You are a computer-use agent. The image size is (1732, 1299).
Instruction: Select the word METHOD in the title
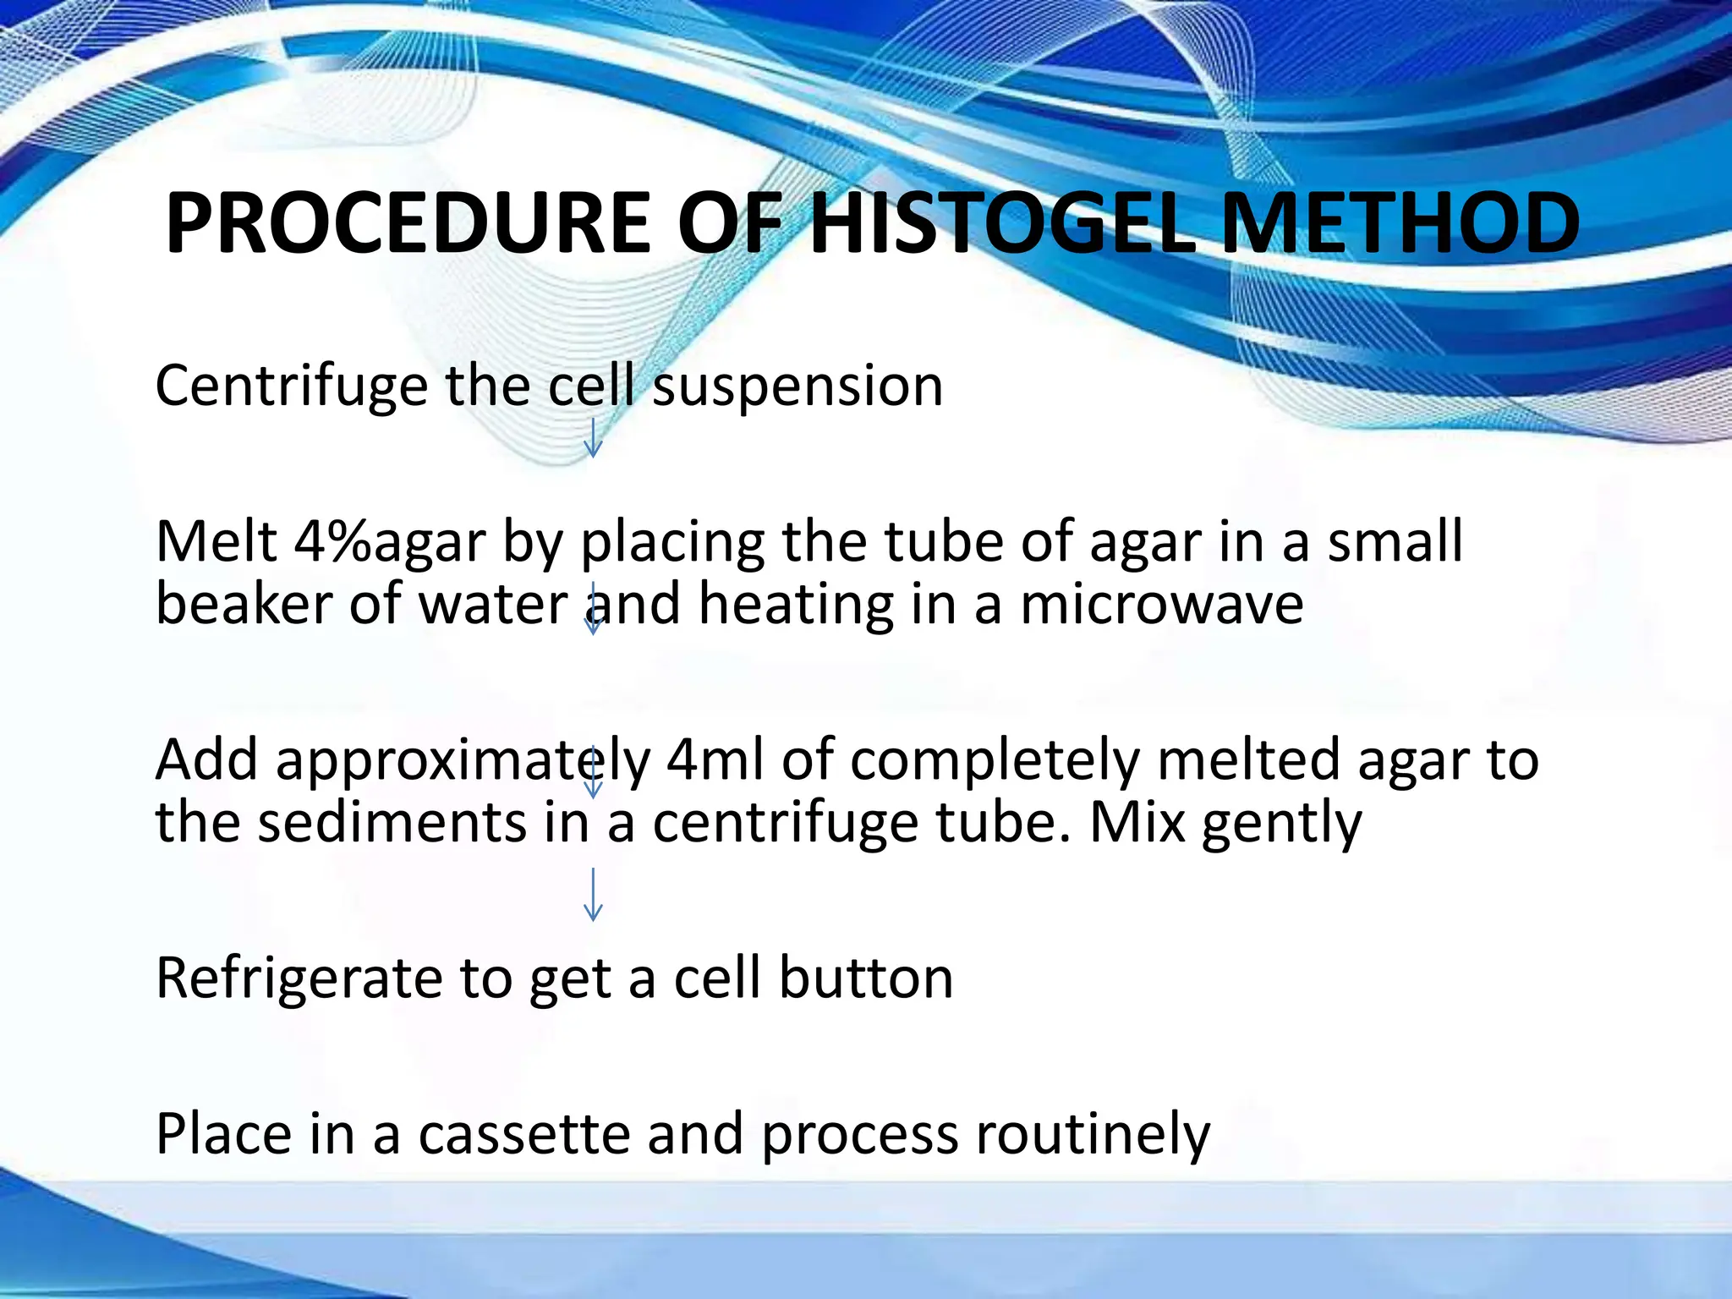pos(1400,223)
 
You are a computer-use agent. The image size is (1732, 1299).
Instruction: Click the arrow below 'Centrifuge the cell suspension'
pos(593,437)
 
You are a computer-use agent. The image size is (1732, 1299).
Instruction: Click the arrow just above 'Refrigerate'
pos(593,894)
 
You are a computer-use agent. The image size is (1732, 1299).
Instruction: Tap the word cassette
pos(524,1134)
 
